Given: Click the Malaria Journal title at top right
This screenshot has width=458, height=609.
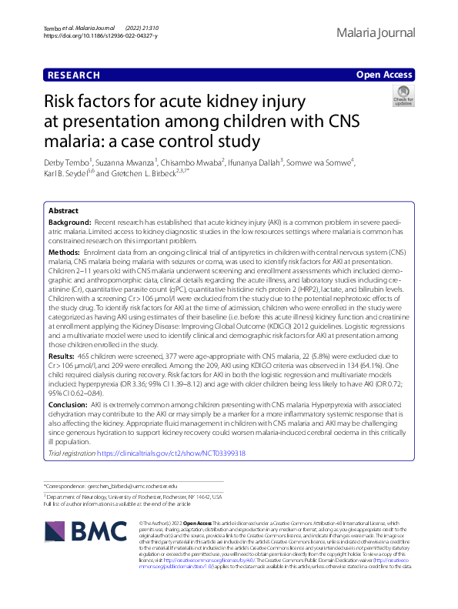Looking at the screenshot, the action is point(376,32).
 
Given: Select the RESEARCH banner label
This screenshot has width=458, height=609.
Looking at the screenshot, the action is point(74,75).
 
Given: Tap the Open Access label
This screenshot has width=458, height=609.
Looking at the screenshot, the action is point(385,75).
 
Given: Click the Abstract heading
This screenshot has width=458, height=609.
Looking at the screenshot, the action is point(63,210).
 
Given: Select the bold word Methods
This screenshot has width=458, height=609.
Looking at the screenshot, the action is point(64,252).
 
